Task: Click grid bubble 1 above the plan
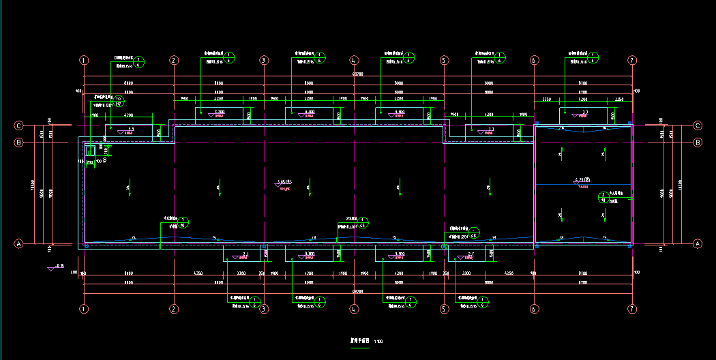pyautogui.click(x=84, y=60)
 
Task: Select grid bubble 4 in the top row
pyautogui.click(x=354, y=60)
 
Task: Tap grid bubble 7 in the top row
pyautogui.click(x=632, y=60)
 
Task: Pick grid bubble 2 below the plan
pyautogui.click(x=174, y=309)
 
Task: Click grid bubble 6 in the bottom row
pyautogui.click(x=534, y=309)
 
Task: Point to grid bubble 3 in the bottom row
pyautogui.click(x=264, y=309)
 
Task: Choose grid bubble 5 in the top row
pyautogui.click(x=444, y=60)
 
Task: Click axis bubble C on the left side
pyautogui.click(x=19, y=125)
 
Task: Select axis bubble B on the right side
pyautogui.click(x=698, y=142)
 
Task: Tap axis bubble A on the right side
pyautogui.click(x=698, y=243)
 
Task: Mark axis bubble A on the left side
pyautogui.click(x=19, y=243)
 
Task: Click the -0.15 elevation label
pyautogui.click(x=59, y=265)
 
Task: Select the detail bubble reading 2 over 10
pyautogui.click(x=602, y=198)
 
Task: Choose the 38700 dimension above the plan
pyautogui.click(x=357, y=74)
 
